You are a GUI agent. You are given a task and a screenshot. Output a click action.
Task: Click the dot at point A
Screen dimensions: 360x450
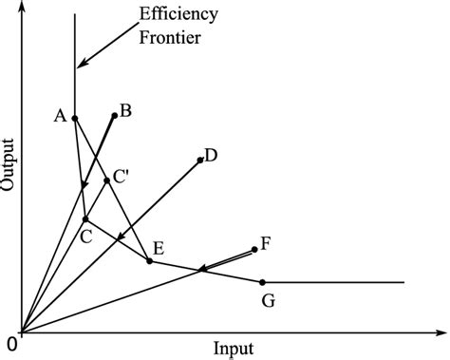click(x=75, y=119)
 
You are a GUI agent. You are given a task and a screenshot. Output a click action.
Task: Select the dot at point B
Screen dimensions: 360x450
click(x=115, y=116)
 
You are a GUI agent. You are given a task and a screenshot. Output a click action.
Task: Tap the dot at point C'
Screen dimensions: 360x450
click(x=106, y=180)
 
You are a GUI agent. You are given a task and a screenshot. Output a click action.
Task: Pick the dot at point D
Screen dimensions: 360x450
click(x=201, y=160)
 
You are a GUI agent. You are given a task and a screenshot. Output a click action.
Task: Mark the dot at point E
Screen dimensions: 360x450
click(x=149, y=260)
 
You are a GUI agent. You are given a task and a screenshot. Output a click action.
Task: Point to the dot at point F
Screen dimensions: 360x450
click(x=254, y=250)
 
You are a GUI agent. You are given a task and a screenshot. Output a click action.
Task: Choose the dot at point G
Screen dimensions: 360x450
click(x=262, y=282)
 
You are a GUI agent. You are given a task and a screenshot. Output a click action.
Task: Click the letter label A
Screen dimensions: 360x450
click(x=60, y=116)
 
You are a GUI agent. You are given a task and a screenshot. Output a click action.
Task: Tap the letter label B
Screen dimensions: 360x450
click(x=125, y=111)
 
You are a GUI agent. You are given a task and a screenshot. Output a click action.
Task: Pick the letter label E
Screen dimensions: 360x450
click(x=159, y=249)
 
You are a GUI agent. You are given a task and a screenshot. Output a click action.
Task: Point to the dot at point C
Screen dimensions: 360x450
click(x=85, y=219)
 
